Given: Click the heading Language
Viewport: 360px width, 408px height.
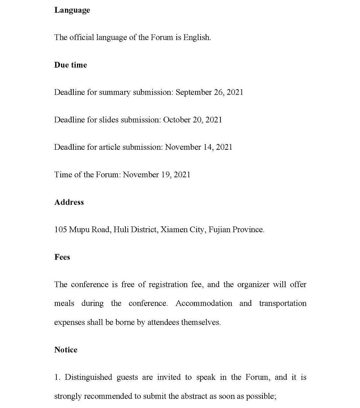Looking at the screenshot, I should pos(72,10).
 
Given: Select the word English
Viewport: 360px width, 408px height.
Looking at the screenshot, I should pos(197,37).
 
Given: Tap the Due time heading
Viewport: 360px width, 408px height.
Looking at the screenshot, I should pos(70,65).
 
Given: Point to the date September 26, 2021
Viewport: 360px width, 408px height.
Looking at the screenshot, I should pos(209,92).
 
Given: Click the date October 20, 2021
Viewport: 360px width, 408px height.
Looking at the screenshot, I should pos(193,120).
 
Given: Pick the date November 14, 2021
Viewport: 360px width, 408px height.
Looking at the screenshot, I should pos(199,147).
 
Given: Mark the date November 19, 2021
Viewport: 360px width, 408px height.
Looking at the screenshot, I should pos(157,175).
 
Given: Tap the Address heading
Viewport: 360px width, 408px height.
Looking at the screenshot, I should pos(69,202).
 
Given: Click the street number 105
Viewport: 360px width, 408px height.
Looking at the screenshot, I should pos(60,230).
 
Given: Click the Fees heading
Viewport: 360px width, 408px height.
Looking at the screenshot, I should pos(62,257).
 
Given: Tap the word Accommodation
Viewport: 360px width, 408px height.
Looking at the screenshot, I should pos(204,303).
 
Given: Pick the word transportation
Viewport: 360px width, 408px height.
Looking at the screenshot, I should pos(283,303).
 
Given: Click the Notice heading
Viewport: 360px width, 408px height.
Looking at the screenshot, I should pos(66,350).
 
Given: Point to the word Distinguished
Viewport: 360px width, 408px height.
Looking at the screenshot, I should pos(88,377).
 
